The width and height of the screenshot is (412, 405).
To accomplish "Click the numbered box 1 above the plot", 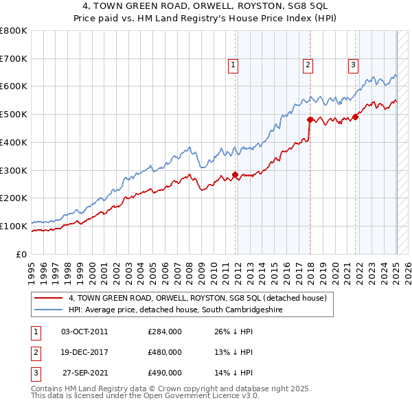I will (233, 65).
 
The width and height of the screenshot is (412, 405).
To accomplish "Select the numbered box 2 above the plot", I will (308, 65).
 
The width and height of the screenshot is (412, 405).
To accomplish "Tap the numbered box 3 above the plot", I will (353, 65).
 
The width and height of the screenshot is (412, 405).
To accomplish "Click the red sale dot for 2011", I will (235, 174).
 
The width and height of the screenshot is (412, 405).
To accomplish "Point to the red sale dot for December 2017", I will (310, 119).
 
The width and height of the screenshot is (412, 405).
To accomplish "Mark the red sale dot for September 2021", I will (356, 117).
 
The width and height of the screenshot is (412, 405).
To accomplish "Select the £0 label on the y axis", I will (23, 254).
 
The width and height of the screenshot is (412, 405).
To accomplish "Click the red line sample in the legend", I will (49, 298).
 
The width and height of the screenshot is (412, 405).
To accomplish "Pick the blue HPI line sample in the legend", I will (49, 310).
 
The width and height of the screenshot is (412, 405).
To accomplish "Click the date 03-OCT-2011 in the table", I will (84, 332).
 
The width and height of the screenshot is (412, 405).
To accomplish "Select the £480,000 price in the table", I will (165, 352).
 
